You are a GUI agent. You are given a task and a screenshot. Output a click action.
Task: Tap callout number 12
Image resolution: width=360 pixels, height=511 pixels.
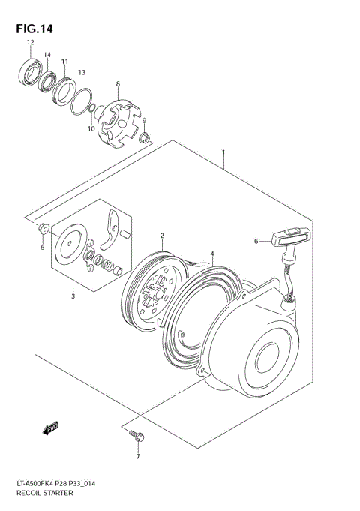pyautogui.click(x=31, y=44)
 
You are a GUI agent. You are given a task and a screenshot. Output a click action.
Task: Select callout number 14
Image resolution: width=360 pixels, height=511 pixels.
pyautogui.click(x=46, y=56)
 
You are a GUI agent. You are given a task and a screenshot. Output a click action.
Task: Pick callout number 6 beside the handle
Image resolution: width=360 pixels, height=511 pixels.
pyautogui.click(x=256, y=242)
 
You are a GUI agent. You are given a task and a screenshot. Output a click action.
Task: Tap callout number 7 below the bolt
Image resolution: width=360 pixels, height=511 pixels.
pyautogui.click(x=137, y=456)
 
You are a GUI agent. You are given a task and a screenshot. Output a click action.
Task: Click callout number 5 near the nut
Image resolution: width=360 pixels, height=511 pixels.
pyautogui.click(x=43, y=248)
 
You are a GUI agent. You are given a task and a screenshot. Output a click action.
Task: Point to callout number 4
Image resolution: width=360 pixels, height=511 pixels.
pyautogui.click(x=212, y=254)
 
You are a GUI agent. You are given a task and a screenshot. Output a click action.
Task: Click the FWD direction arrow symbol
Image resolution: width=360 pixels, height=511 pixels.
pyautogui.click(x=51, y=428)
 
